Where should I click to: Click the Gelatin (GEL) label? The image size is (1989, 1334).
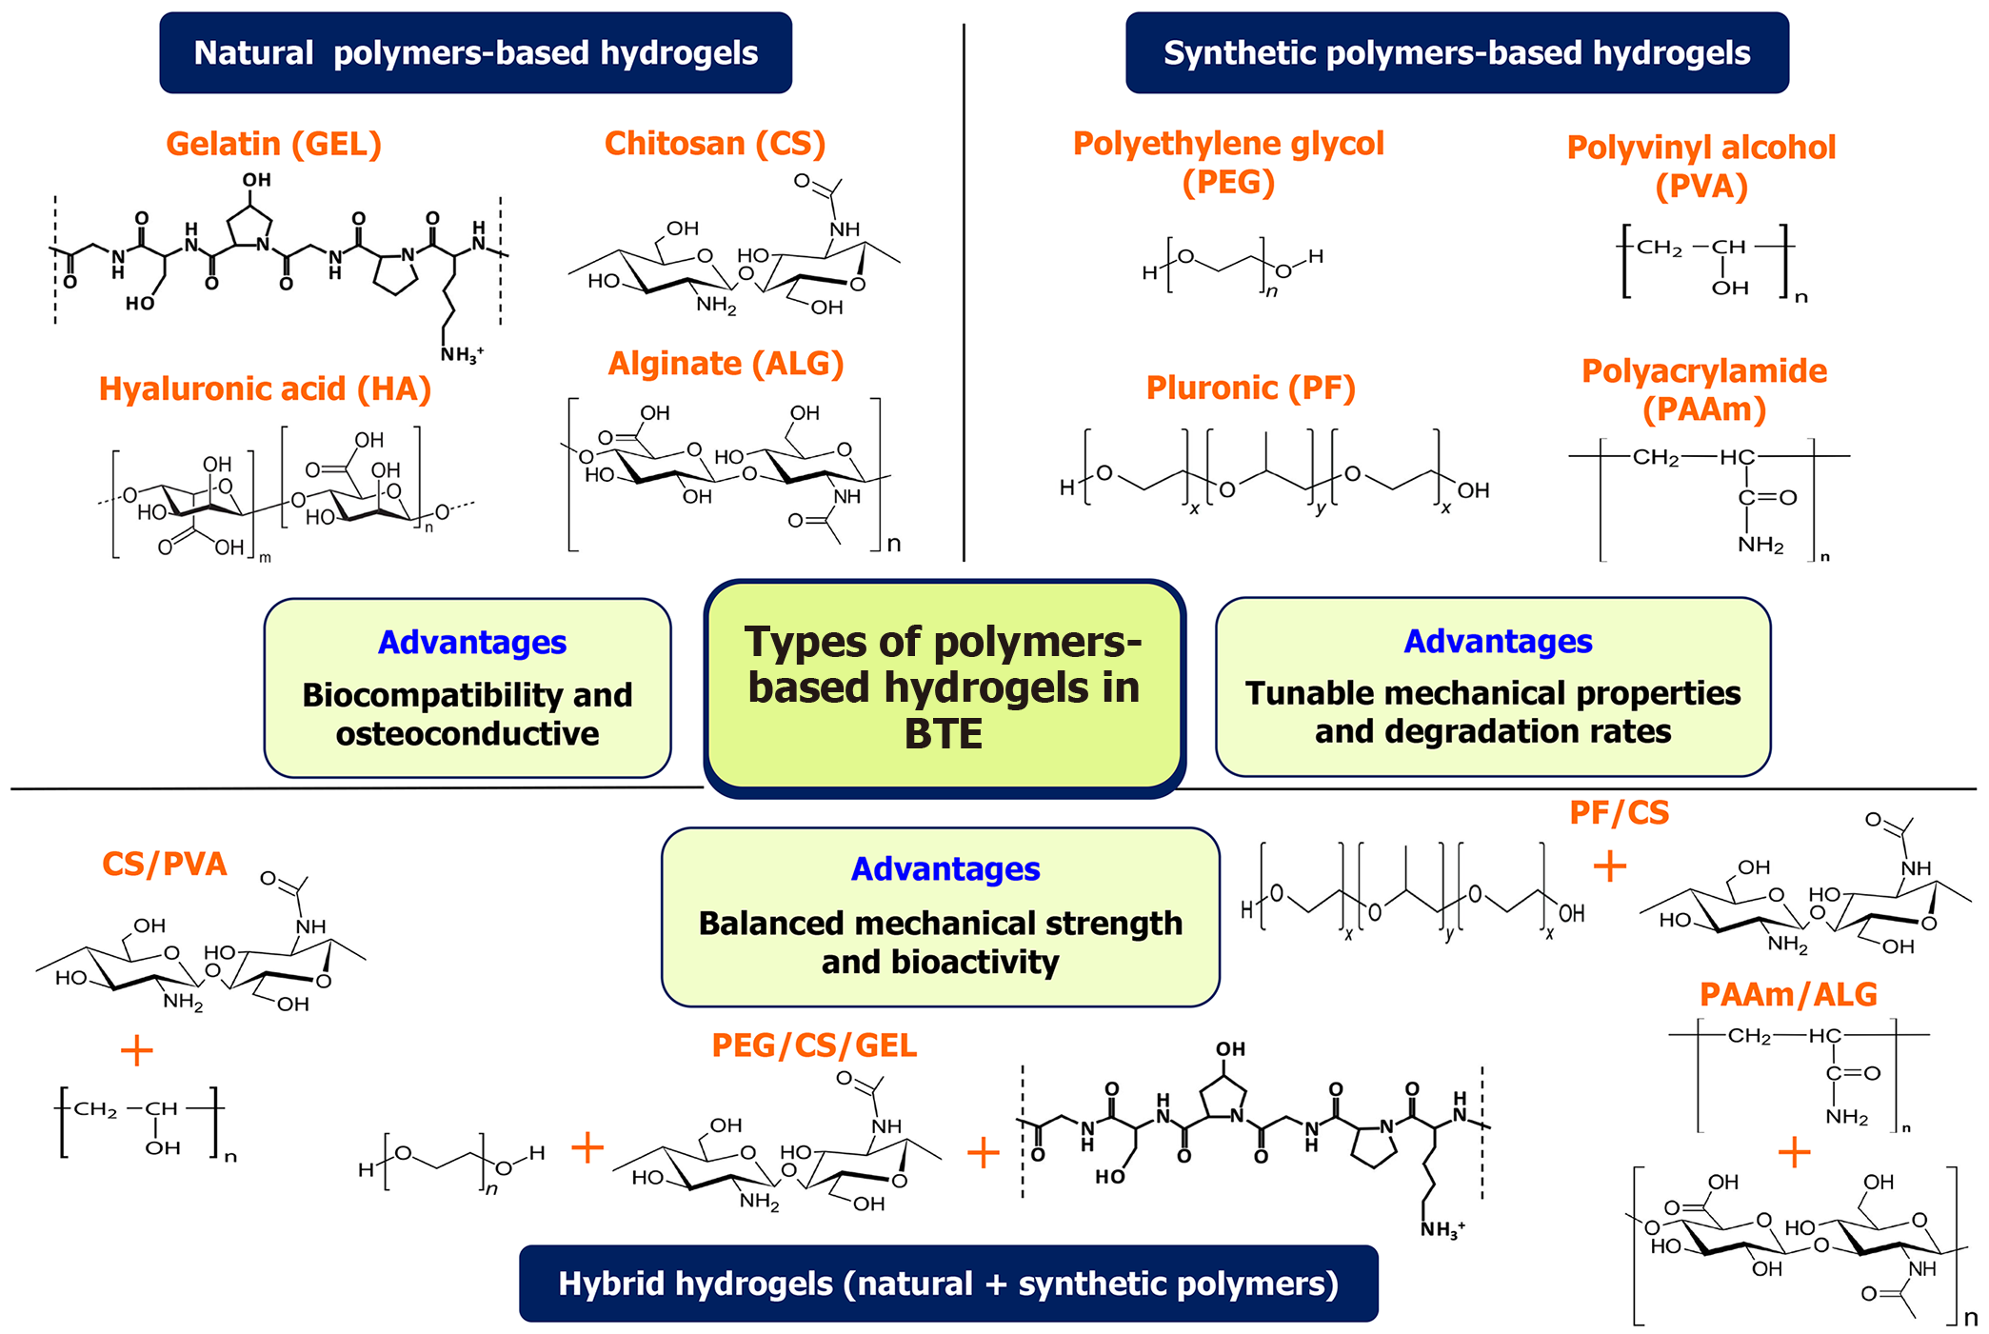(273, 144)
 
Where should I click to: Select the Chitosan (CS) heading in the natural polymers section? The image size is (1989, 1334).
(714, 144)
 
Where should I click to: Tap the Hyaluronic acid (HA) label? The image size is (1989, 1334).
(265, 388)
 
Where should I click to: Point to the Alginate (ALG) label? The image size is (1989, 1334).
(726, 364)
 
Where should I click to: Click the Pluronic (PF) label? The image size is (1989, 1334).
(1250, 388)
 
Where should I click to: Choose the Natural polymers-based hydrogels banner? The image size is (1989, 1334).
(475, 53)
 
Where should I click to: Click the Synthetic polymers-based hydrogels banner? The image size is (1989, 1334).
(1456, 53)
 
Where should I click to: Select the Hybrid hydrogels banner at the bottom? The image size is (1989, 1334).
(947, 1284)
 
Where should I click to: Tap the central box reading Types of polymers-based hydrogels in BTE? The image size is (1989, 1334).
(944, 687)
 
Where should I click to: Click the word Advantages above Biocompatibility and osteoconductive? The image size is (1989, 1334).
(471, 643)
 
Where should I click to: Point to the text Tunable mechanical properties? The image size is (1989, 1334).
(1492, 693)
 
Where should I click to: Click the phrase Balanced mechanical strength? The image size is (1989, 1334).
(940, 924)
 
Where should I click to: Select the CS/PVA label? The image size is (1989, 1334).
(164, 864)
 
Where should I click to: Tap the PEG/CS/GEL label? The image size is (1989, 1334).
(814, 1045)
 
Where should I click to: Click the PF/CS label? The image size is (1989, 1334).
(1619, 813)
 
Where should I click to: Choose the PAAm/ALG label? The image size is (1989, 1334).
(1787, 995)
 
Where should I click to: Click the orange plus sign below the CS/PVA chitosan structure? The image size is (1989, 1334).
(137, 1050)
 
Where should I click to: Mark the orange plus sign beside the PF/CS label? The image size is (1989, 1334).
(1609, 866)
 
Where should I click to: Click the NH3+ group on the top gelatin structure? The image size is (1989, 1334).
(461, 355)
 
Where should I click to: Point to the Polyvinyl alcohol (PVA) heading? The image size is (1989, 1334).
(1701, 167)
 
